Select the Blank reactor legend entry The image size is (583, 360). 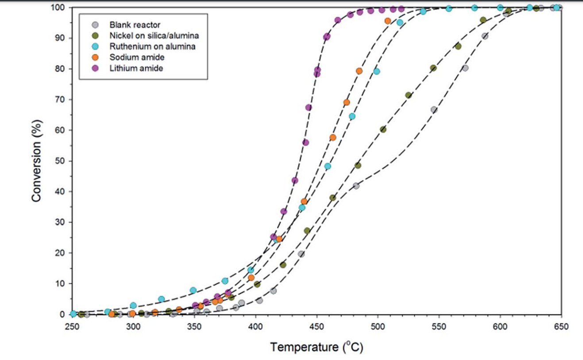pyautogui.click(x=134, y=25)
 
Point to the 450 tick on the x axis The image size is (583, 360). pyautogui.click(x=317, y=326)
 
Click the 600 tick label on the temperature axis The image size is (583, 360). pyautogui.click(x=500, y=326)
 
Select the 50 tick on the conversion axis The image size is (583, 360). pyautogui.click(x=62, y=161)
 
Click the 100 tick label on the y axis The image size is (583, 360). pyautogui.click(x=60, y=8)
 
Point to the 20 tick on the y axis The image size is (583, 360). pyautogui.click(x=62, y=253)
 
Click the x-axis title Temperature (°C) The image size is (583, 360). pyautogui.click(x=317, y=347)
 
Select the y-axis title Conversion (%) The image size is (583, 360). pyautogui.click(x=36, y=161)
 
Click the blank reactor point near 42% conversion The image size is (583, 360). pyautogui.click(x=356, y=186)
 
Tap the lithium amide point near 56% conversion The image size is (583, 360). pyautogui.click(x=305, y=143)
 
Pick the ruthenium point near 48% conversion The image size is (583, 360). pyautogui.click(x=328, y=166)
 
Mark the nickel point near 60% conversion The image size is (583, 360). pyautogui.click(x=383, y=129)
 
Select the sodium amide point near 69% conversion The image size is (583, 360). pyautogui.click(x=347, y=102)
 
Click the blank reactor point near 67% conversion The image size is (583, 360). pyautogui.click(x=434, y=110)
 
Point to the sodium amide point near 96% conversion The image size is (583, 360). pyautogui.click(x=388, y=21)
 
